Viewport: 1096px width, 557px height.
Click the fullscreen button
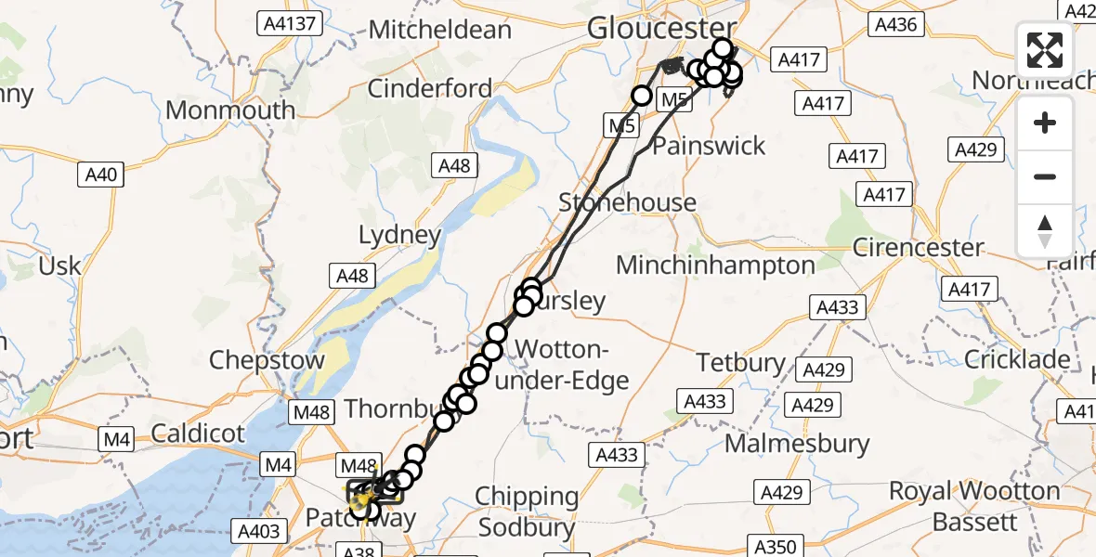coord(1045,49)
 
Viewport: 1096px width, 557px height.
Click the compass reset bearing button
coord(1045,231)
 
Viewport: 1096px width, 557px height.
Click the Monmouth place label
coord(230,110)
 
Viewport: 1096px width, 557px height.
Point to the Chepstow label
coord(267,360)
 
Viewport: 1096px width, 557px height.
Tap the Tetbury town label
coord(741,362)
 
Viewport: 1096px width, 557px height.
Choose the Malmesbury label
coord(797,444)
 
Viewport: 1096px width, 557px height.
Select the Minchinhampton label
coord(715,266)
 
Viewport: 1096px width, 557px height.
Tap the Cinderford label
coord(430,89)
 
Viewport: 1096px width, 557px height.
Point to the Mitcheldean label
coord(440,30)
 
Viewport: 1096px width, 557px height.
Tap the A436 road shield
coord(896,25)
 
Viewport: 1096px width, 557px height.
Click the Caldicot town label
coord(198,433)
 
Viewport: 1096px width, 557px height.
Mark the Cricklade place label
coord(1016,359)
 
